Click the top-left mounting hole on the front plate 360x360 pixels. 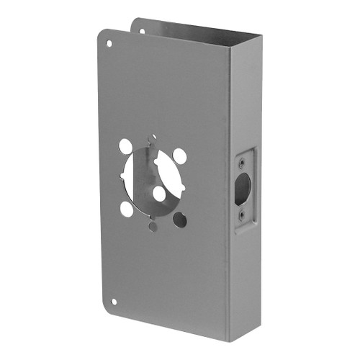(x=109, y=43)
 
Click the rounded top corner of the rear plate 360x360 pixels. (x=138, y=20)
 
